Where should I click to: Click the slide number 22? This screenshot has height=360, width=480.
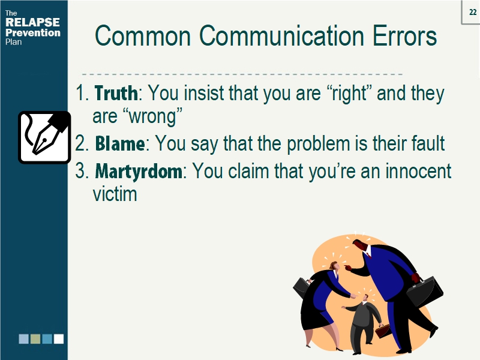click(x=472, y=12)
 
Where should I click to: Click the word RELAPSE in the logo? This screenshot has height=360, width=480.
click(x=32, y=23)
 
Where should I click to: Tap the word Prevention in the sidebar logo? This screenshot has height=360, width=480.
click(x=32, y=32)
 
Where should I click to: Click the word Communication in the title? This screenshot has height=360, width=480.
click(x=281, y=37)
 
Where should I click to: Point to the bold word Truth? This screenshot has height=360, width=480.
click(x=116, y=94)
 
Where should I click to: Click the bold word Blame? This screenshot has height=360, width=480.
click(x=119, y=144)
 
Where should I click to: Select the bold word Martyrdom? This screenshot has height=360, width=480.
click(x=139, y=172)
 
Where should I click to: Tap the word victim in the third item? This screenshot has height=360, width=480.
click(x=115, y=194)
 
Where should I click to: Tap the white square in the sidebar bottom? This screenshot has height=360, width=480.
click(x=58, y=339)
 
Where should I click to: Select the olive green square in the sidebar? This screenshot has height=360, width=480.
click(x=35, y=339)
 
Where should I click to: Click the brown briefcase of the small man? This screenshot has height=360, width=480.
click(x=382, y=331)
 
